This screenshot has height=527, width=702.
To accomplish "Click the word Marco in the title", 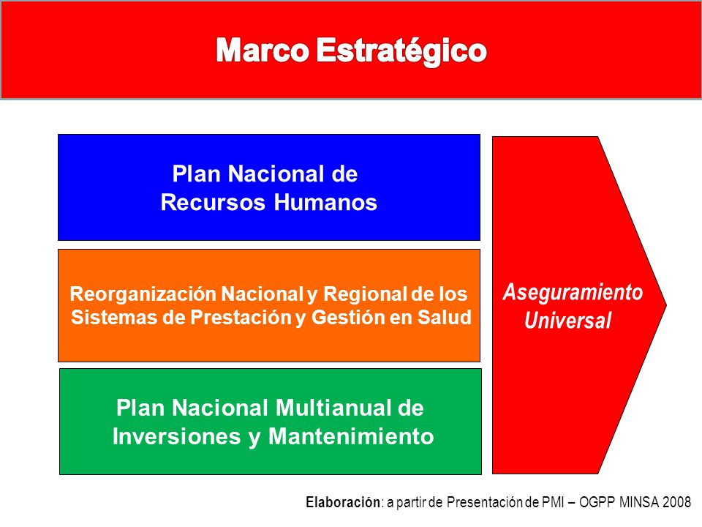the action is [263, 51].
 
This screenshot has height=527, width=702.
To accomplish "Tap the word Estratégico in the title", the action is [401, 51].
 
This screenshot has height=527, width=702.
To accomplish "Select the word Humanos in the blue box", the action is [325, 202].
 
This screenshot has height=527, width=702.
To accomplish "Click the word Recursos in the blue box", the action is [213, 202].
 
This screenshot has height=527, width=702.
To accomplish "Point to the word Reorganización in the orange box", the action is [143, 295].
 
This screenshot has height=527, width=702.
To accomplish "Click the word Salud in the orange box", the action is [444, 317].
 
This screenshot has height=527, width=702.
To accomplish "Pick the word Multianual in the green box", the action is [330, 408].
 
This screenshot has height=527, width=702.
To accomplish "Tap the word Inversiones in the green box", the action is [177, 436].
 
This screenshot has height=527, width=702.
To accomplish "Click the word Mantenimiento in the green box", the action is [351, 436].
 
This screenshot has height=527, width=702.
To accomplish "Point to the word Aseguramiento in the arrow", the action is [573, 293].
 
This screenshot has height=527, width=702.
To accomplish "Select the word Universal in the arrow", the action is [567, 320].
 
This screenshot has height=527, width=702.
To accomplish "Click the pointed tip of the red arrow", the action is [666, 305].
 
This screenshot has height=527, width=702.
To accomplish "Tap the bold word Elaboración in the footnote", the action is [343, 502].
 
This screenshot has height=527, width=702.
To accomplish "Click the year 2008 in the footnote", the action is [677, 502].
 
